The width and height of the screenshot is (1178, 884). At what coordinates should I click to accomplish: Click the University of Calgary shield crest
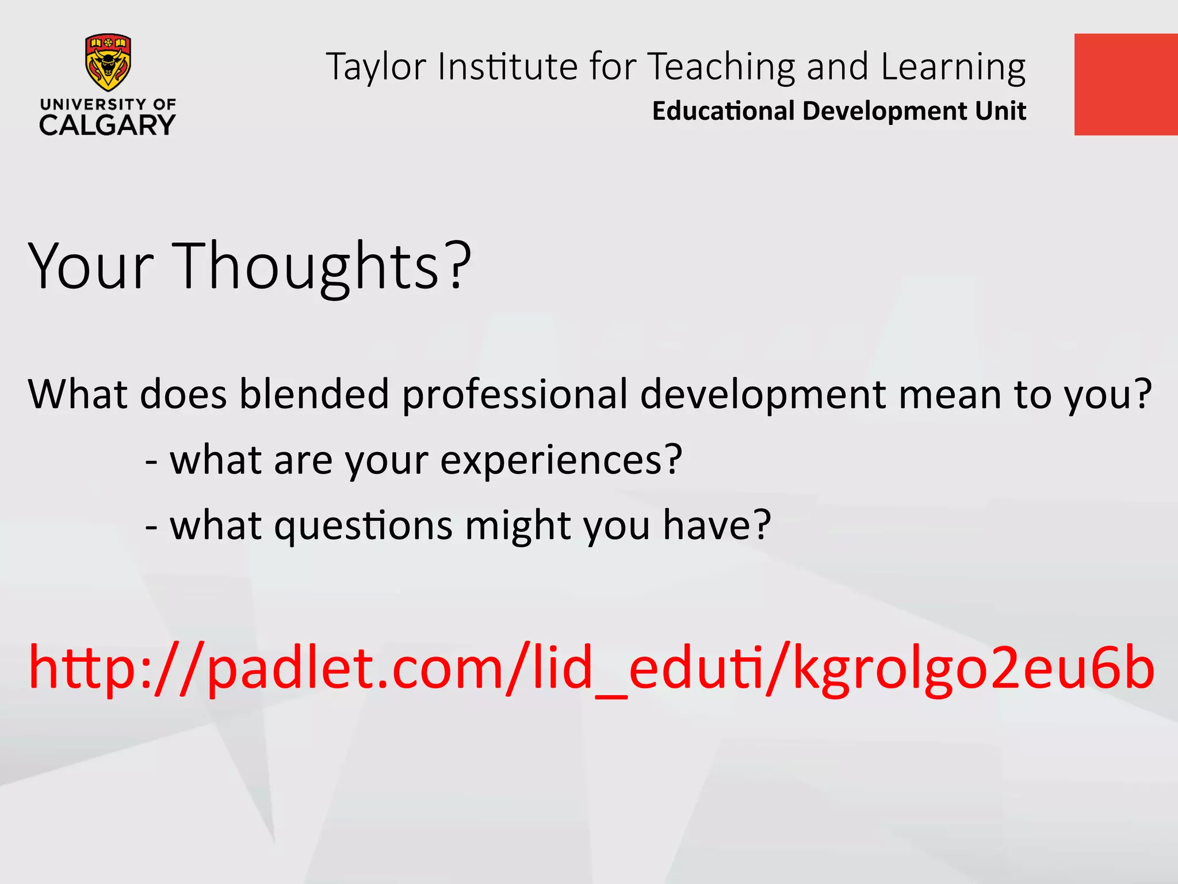coord(108,62)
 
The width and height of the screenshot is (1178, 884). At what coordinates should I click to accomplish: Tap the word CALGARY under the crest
coord(107,125)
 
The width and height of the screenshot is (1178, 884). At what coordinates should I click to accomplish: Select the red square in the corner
coord(1126,85)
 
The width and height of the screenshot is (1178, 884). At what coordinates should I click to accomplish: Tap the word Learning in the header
coord(953,67)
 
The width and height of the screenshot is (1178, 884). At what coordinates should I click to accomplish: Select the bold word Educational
coord(722,110)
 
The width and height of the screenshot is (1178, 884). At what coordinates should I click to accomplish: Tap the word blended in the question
coord(314,394)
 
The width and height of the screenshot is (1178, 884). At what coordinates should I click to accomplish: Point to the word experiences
coord(561,460)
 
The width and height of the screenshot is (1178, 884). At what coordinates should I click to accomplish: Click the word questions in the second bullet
coord(363,526)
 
